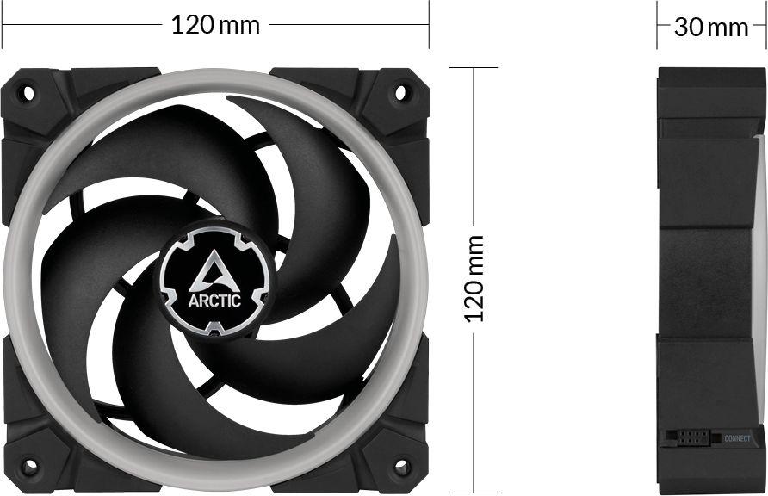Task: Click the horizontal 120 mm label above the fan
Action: [x=215, y=25]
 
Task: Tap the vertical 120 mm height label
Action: [x=474, y=278]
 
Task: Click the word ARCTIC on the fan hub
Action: [x=214, y=301]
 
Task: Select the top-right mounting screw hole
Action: [x=401, y=90]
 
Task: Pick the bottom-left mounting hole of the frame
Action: [x=28, y=467]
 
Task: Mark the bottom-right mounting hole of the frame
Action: [x=401, y=467]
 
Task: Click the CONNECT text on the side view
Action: [x=737, y=439]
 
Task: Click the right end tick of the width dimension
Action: [x=429, y=25]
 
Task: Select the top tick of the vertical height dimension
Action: [x=474, y=68]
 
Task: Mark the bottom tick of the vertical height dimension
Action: [x=474, y=493]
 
